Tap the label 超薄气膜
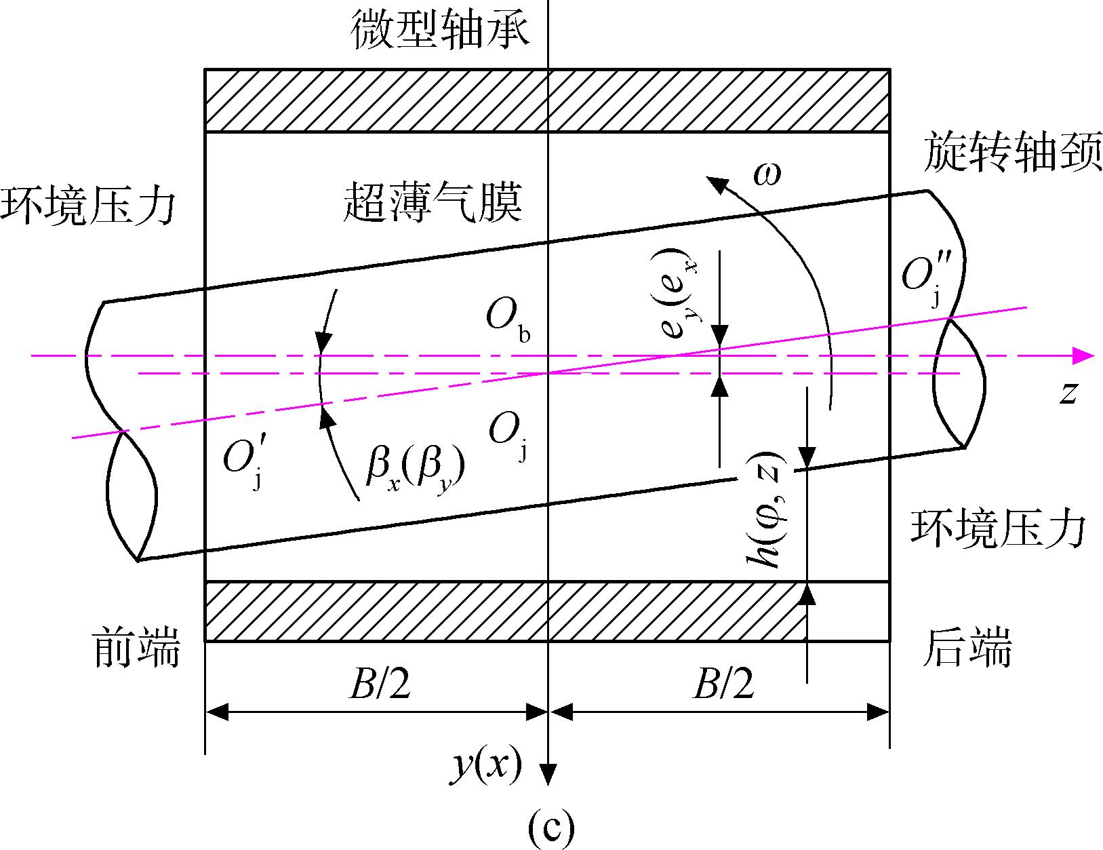(x=433, y=201)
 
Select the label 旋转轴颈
(x=1013, y=151)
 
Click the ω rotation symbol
(x=767, y=174)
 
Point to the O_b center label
(x=508, y=320)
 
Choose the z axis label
(x=1068, y=393)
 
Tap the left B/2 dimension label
(x=380, y=683)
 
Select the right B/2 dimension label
(x=723, y=683)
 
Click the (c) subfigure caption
(x=550, y=828)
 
